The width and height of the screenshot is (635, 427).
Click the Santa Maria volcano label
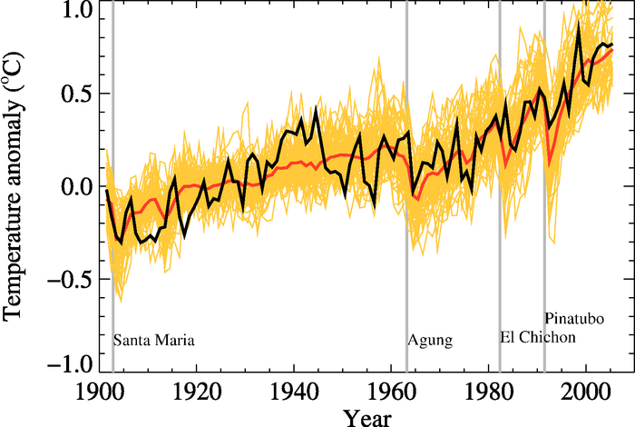click(x=154, y=341)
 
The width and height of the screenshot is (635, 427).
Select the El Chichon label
click(x=538, y=337)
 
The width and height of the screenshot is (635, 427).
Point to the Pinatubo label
click(x=575, y=318)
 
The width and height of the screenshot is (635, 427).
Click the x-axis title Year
click(x=367, y=418)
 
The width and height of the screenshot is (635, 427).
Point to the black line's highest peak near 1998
click(x=579, y=23)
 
